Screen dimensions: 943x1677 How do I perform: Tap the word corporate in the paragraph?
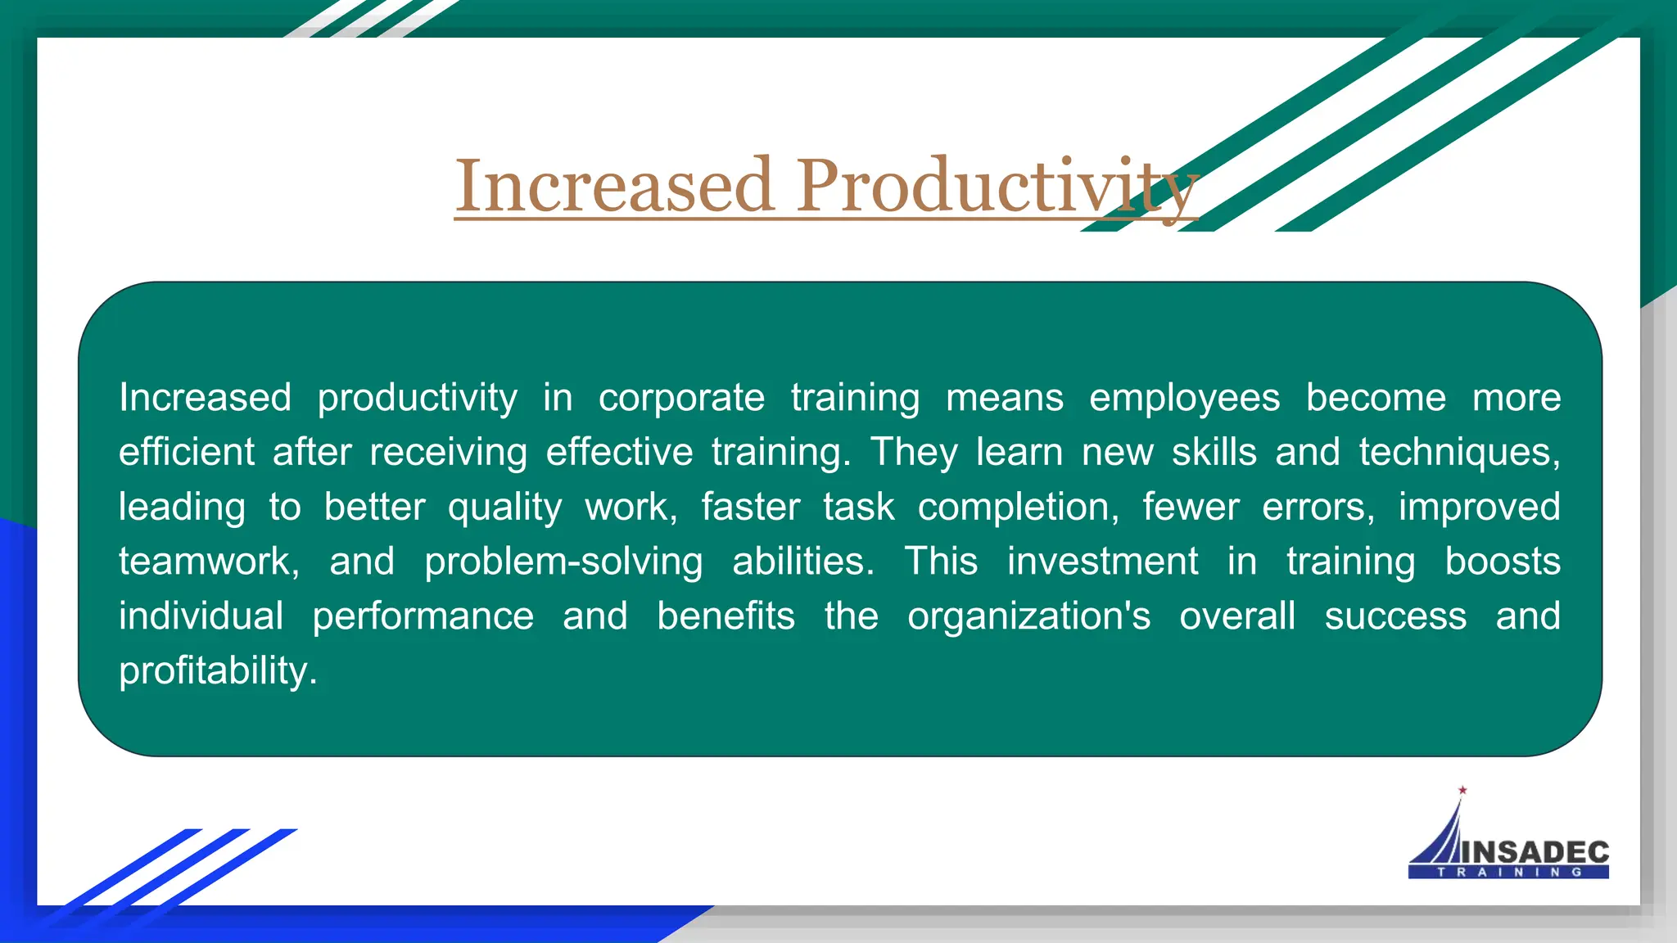click(681, 398)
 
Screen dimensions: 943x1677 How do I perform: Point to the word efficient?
click(187, 452)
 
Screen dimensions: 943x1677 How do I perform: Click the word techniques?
click(1459, 453)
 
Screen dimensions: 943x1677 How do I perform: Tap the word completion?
click(1018, 508)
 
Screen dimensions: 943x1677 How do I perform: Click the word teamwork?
click(209, 562)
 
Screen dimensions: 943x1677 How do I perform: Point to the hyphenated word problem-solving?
click(563, 562)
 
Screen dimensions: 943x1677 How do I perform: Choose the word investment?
click(1102, 562)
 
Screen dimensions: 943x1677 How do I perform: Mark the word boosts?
click(1503, 562)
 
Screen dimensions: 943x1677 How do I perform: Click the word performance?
click(423, 616)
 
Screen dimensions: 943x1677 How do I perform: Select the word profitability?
click(217, 671)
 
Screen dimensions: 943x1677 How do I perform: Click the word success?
click(1395, 616)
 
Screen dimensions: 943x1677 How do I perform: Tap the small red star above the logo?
click(1462, 790)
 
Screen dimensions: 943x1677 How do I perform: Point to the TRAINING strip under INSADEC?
click(1509, 873)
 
